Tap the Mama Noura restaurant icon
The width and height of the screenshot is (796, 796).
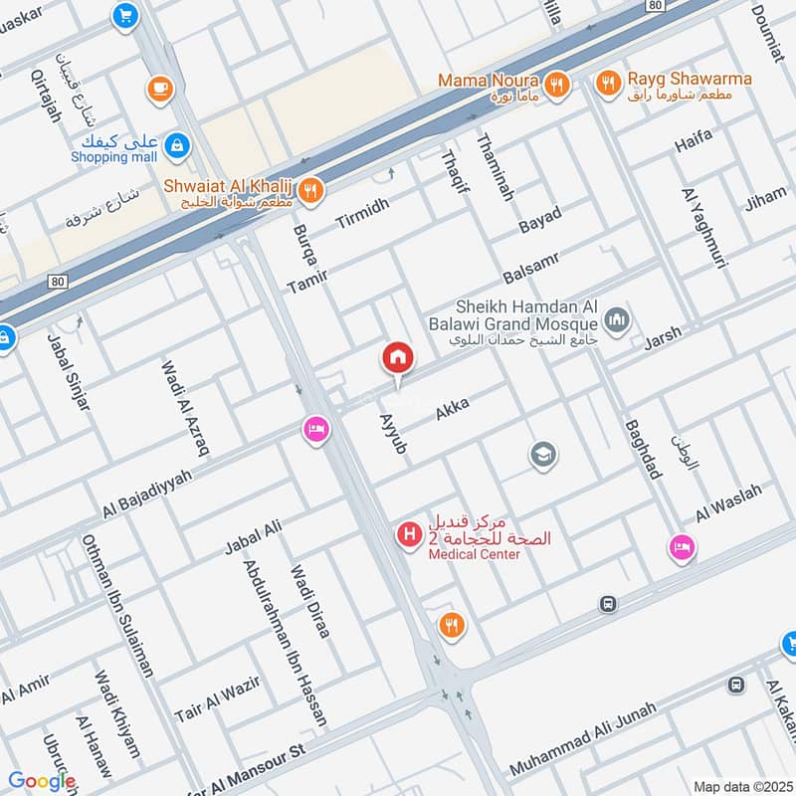[x=557, y=86]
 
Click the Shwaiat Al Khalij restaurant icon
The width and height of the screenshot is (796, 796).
[x=311, y=189]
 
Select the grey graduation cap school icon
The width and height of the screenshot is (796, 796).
[x=543, y=455]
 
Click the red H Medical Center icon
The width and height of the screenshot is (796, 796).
[x=409, y=535]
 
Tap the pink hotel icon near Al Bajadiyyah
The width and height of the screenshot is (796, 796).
[x=315, y=430]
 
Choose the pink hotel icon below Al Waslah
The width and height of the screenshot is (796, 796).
[x=681, y=547]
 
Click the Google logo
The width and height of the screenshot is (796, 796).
[x=41, y=781]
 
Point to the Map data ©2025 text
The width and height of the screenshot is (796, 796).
[x=740, y=786]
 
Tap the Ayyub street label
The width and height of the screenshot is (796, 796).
[x=393, y=434]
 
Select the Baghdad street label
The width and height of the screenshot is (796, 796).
[x=643, y=448]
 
